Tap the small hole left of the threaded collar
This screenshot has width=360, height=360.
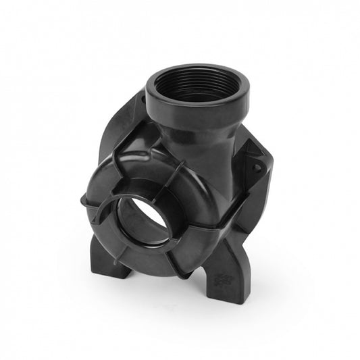pos(147,101)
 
